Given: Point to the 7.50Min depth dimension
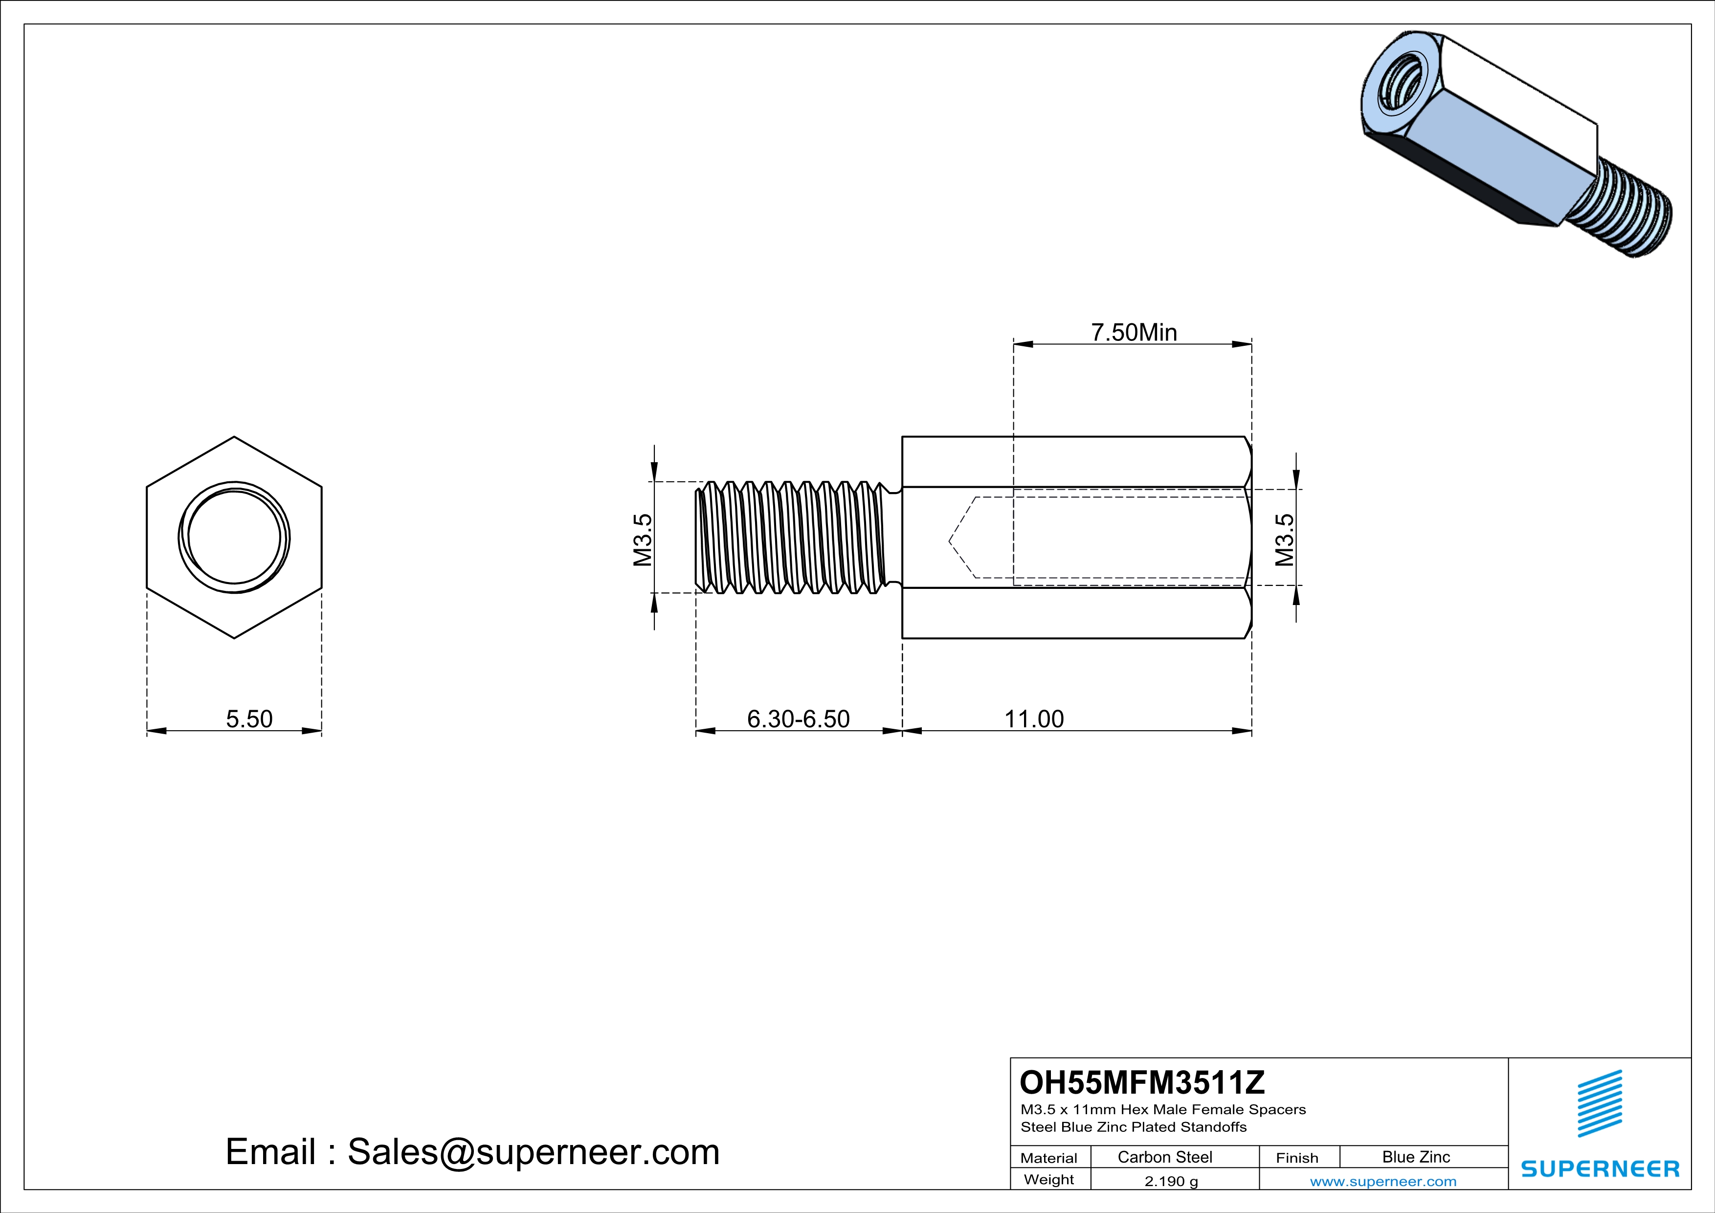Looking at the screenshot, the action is (1134, 333).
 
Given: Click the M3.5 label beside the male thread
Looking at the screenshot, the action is (643, 539).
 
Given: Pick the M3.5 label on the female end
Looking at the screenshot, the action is (1284, 539).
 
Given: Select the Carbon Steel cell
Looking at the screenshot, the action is (1164, 1157).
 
